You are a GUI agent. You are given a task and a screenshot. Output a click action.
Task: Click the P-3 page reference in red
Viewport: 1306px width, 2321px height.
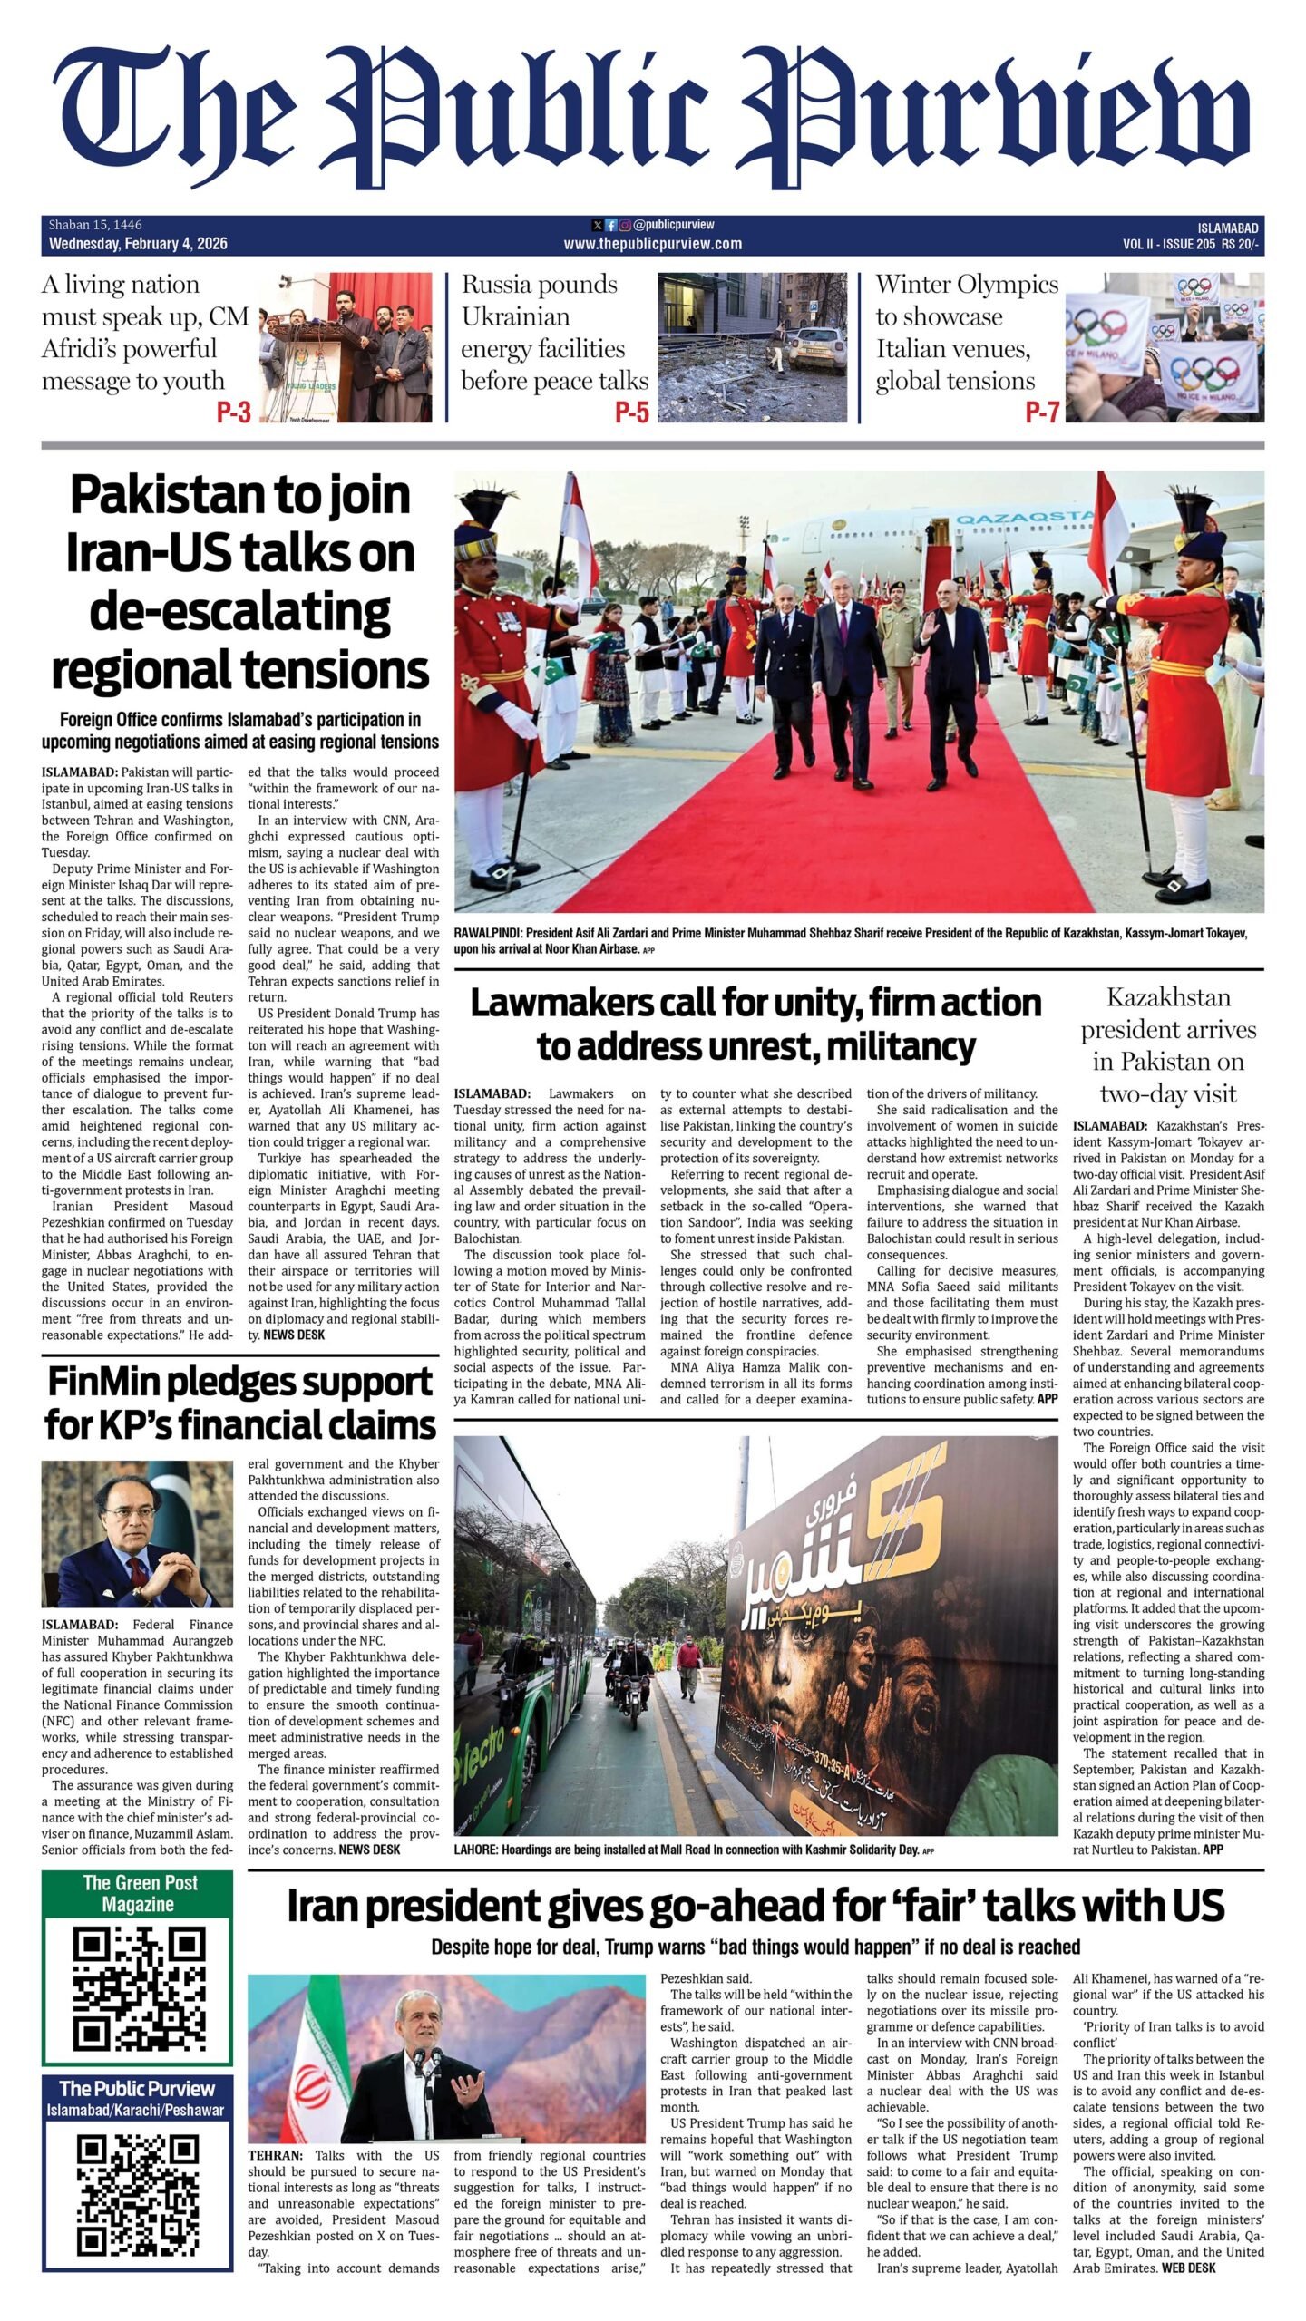(x=233, y=413)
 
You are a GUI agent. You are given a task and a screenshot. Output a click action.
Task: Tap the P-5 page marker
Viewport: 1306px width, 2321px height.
(x=631, y=413)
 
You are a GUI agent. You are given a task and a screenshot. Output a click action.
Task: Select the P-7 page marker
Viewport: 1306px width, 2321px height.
(x=1042, y=413)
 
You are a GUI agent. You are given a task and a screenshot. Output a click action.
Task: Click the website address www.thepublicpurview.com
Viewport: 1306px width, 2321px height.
(x=652, y=244)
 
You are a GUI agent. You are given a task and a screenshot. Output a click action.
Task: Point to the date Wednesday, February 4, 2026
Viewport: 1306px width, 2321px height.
(x=138, y=244)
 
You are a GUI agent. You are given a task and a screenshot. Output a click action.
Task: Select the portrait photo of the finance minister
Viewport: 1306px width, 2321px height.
(x=137, y=1533)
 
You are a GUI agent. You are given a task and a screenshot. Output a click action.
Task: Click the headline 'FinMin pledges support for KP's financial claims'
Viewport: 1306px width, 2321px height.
(x=240, y=1403)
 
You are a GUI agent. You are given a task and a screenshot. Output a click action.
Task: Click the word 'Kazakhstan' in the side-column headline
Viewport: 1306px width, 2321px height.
(x=1168, y=998)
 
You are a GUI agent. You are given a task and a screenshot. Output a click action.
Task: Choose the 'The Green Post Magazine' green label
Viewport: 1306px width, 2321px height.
(x=138, y=1893)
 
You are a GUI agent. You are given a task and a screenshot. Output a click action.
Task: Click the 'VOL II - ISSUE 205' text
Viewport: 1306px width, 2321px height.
(x=1168, y=244)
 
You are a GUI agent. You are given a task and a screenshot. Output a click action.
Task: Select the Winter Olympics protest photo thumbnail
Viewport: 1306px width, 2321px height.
(x=1164, y=347)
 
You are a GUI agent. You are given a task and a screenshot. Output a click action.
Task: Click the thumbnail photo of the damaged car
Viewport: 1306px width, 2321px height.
(x=752, y=347)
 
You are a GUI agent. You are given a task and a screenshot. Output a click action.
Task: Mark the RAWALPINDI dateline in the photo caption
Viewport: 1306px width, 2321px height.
(x=488, y=933)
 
